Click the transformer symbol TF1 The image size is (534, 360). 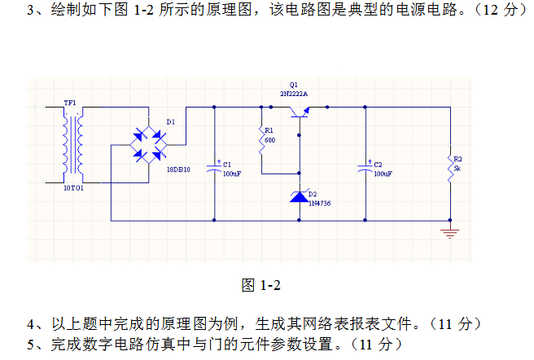point(72,145)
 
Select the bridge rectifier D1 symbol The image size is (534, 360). point(149,145)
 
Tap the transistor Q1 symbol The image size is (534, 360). point(300,112)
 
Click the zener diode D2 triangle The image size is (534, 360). point(300,197)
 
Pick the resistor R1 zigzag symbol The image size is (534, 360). point(261,140)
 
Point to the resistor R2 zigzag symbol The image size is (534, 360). point(450,169)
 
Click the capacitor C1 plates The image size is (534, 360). point(214,168)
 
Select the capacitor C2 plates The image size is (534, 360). point(365,168)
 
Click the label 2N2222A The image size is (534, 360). point(294,94)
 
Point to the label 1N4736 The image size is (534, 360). point(319,204)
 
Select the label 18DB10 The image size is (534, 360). point(178,169)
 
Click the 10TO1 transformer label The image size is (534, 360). point(73,188)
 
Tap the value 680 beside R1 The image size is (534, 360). point(269,140)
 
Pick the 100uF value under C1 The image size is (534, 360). point(232,173)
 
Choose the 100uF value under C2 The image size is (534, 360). point(383,173)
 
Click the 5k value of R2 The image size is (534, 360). point(457,169)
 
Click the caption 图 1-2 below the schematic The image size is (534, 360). point(260,285)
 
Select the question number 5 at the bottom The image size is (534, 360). point(31,345)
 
